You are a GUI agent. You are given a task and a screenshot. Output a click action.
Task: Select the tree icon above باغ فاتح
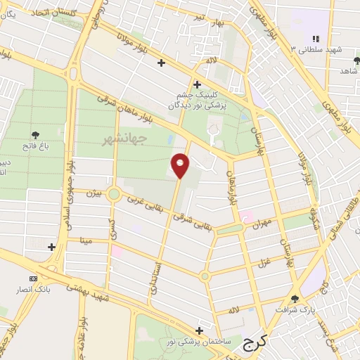pyautogui.click(x=35, y=134)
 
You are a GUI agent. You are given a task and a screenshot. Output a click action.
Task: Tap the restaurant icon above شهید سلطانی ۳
pyautogui.click(x=316, y=39)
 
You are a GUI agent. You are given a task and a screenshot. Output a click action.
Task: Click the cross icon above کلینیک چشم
pyautogui.click(x=197, y=84)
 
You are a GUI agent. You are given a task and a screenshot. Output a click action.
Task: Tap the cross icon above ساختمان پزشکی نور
pyautogui.click(x=200, y=330)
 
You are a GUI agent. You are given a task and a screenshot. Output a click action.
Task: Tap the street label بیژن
pyautogui.click(x=93, y=192)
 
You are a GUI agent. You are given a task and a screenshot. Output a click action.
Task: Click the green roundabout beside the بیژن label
pyautogui.click(x=113, y=195)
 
